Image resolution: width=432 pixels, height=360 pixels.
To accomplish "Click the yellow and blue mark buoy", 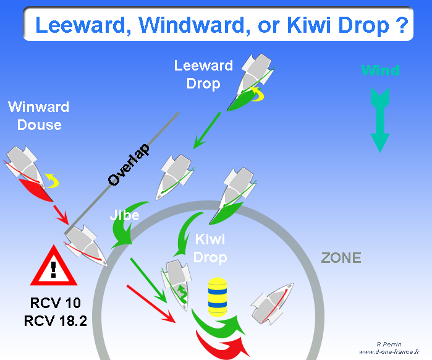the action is point(218,297).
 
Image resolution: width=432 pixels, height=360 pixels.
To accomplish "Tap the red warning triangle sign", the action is point(54,266).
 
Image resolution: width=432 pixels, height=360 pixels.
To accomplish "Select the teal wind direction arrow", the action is point(380,120).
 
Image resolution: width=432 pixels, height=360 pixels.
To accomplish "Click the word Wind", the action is point(380,71).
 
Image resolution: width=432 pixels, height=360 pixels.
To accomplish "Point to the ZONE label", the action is point(341,258).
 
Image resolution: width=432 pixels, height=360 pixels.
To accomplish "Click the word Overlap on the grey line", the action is point(129,165).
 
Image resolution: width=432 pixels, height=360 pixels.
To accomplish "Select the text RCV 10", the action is point(55,302).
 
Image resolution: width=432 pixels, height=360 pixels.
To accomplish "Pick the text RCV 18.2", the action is point(55,320).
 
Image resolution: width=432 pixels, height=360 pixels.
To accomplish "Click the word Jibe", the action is point(124,215).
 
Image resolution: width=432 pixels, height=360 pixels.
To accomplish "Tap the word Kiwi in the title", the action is point(309,25).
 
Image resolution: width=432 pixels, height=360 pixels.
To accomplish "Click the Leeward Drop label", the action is point(203,74).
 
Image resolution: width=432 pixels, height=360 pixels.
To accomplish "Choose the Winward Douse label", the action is point(38,116).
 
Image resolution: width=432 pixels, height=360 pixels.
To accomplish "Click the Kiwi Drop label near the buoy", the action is point(210,249).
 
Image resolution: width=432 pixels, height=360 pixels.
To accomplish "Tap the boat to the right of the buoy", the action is point(272,304).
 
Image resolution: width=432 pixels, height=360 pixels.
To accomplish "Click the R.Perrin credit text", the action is point(389,344).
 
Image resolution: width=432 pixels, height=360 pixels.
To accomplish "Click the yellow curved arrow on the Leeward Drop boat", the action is point(257,94).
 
